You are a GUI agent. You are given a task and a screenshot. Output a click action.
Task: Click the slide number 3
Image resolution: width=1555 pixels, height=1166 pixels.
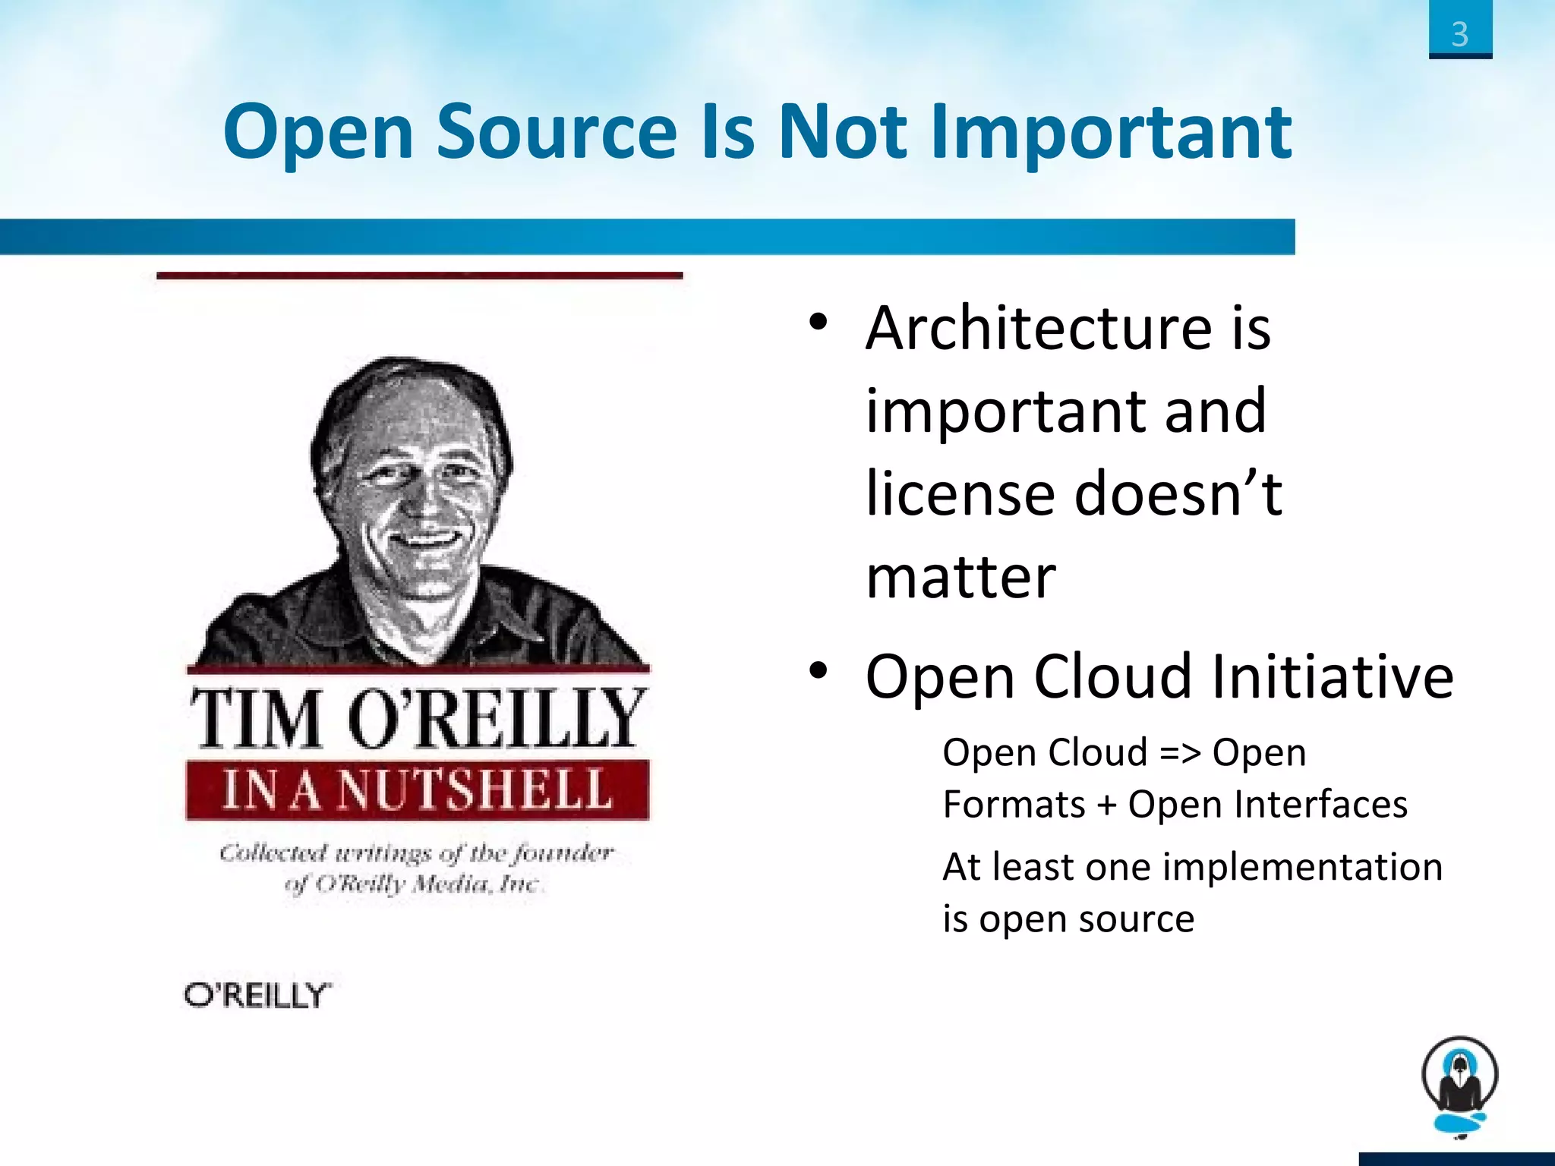point(1459,34)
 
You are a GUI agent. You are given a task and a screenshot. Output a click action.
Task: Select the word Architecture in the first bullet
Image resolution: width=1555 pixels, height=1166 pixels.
point(1039,328)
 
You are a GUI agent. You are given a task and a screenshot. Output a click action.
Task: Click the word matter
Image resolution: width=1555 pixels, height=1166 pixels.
point(960,578)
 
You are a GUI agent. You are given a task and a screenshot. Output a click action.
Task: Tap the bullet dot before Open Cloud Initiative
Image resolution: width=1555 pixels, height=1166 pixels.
point(818,670)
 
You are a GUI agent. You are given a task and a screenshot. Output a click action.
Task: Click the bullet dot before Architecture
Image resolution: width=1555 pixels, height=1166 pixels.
point(818,322)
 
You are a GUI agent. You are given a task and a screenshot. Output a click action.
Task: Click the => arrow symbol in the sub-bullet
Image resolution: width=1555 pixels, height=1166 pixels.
point(1180,754)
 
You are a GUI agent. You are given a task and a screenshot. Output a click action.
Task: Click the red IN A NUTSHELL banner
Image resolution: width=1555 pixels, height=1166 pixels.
point(418,789)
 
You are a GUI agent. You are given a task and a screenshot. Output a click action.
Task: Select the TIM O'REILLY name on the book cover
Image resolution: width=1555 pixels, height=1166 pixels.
point(418,717)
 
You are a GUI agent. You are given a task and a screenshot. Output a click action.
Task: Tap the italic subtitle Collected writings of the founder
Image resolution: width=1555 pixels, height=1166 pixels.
point(416,853)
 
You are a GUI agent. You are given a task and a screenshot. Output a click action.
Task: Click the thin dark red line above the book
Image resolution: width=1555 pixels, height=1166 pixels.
point(419,276)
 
